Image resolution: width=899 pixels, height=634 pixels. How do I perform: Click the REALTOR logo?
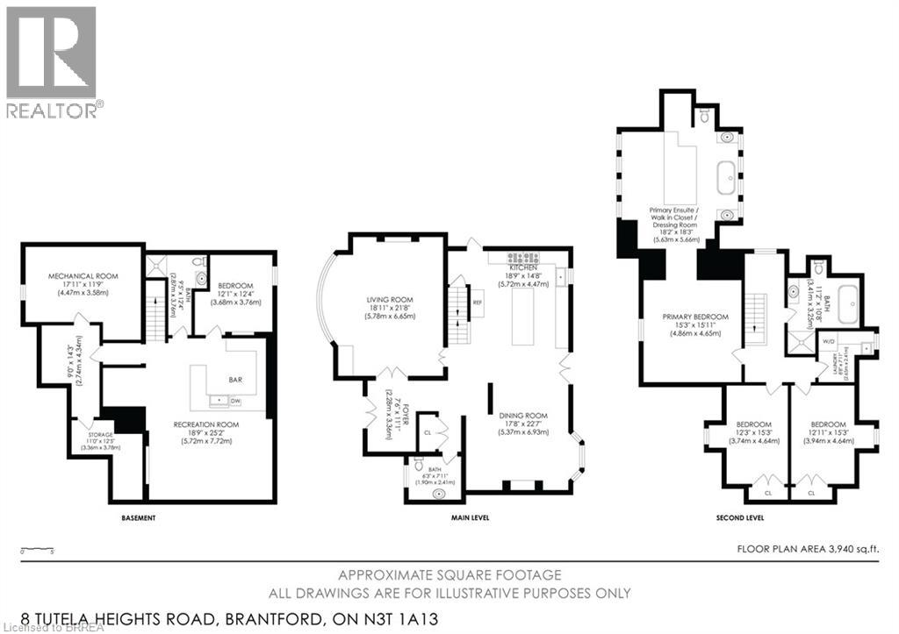tap(51, 61)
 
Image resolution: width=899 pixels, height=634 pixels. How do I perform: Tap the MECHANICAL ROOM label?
tap(82, 276)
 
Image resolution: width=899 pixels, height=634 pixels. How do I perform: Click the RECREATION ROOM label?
tap(206, 424)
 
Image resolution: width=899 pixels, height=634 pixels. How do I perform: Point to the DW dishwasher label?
tap(234, 401)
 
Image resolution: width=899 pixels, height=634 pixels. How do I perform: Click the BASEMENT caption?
tap(139, 518)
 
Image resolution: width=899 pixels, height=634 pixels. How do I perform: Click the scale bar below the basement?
tap(37, 550)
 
